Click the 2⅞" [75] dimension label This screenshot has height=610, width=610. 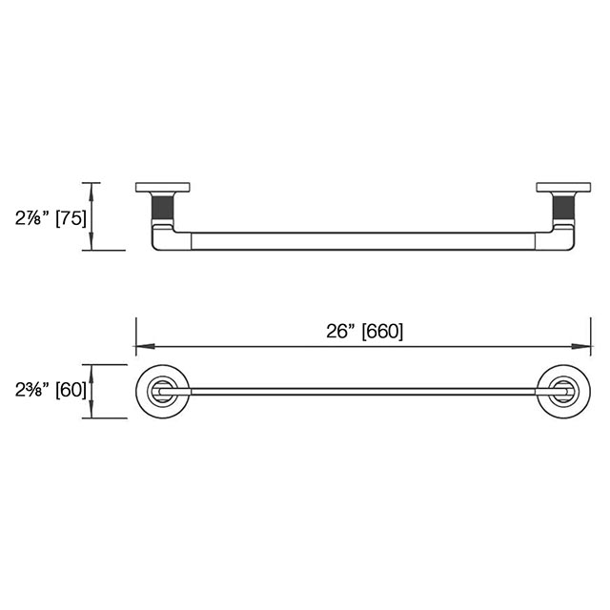coord(51,218)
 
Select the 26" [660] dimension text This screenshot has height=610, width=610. coord(364,332)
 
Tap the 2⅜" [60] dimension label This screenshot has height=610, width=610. coord(51,390)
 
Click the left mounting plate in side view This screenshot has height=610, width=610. coord(163,187)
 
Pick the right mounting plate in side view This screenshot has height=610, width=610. coord(563,187)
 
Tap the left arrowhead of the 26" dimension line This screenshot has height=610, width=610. coord(145,346)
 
